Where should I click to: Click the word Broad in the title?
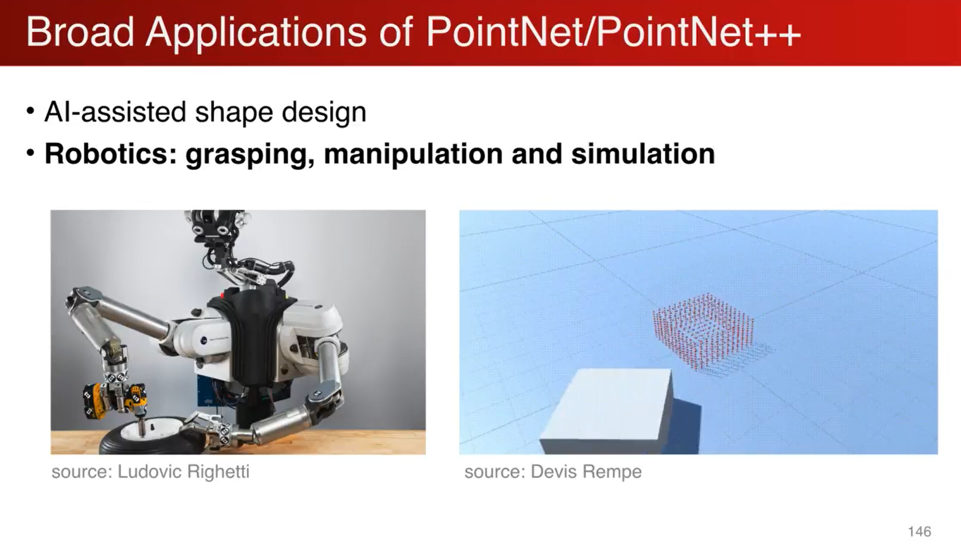click(80, 32)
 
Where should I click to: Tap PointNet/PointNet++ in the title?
click(613, 32)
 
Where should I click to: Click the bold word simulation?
click(642, 154)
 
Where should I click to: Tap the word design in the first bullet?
click(324, 111)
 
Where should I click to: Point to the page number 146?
click(919, 531)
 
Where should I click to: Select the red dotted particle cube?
click(703, 330)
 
